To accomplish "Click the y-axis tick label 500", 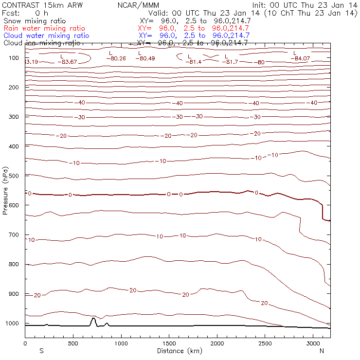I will point(14,176).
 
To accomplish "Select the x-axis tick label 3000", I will point(313,344).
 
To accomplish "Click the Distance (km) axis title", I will point(177,351).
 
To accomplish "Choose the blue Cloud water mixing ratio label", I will point(46,36).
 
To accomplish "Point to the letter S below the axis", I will point(41,351).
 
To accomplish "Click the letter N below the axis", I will point(322,351).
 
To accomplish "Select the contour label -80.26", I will point(116,58).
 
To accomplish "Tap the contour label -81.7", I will point(230,62).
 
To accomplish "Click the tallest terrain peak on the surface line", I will point(93,318).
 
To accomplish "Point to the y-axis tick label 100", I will point(14,58).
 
